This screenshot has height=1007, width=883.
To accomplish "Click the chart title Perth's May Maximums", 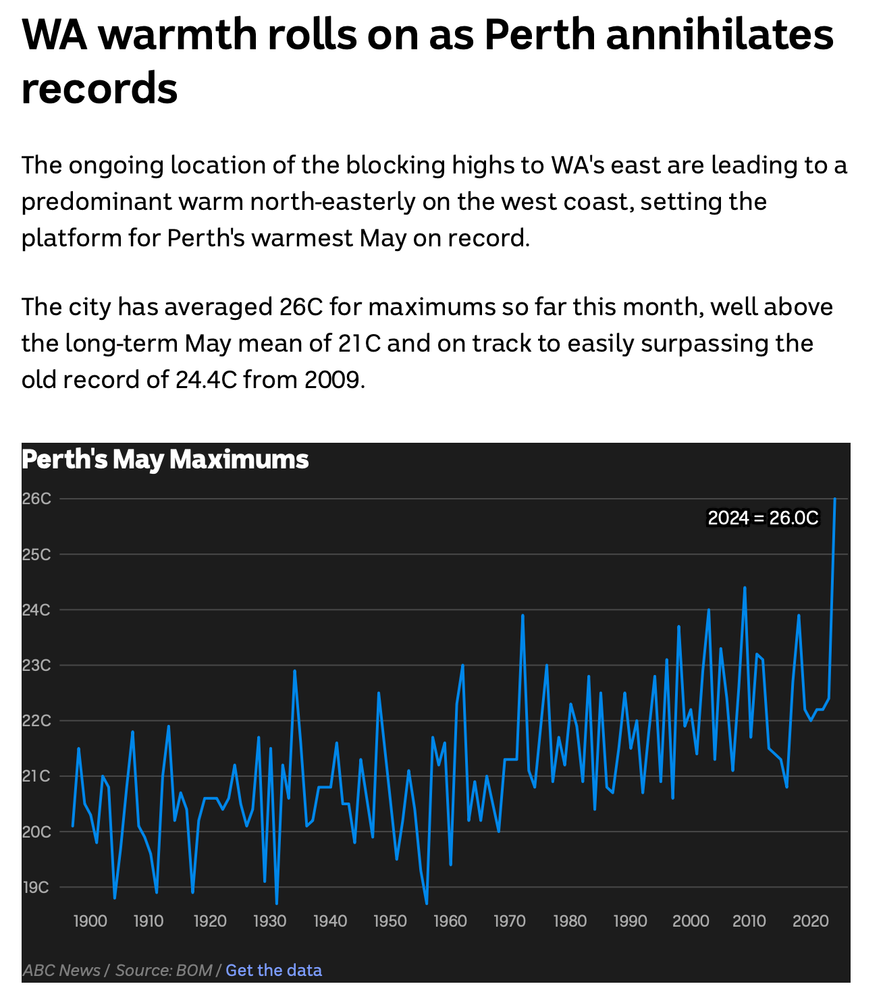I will pos(165,460).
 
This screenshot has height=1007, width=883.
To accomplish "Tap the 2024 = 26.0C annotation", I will pos(763,518).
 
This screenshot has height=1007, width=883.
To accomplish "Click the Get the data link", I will pos(273,971).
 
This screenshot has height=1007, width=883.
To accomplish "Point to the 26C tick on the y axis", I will pos(36,499).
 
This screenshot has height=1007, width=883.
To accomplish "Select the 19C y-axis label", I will pos(36,887).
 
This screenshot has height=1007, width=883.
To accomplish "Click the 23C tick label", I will pos(36,665).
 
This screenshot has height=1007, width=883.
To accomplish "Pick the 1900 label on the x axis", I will pos(90,921).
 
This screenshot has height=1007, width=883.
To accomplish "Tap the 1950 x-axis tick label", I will pos(390,921).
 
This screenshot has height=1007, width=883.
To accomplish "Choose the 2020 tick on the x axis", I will pos(810,921).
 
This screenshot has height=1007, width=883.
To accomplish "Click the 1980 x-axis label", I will pos(570,921).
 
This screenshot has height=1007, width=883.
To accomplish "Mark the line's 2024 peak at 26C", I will pos(835,499).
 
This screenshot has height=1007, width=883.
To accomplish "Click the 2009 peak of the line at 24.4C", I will pos(745,588).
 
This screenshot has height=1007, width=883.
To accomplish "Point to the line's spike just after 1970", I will pos(523,616).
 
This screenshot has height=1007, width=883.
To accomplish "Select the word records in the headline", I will pos(99,88).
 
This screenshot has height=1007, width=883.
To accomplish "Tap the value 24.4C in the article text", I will pos(206,380).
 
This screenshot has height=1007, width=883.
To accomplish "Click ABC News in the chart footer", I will pos(61,971).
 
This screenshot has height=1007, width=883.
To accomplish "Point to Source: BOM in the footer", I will pos(163,971).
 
